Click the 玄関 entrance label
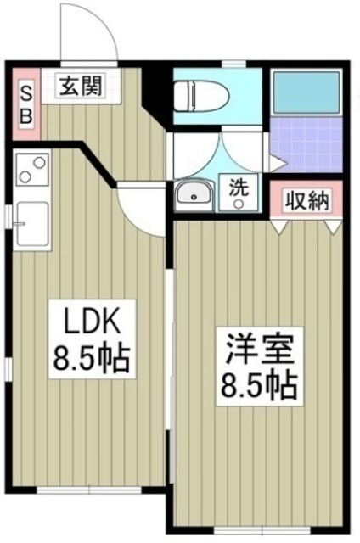[82, 87]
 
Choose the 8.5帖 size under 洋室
[261, 386]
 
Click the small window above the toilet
[224, 64]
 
